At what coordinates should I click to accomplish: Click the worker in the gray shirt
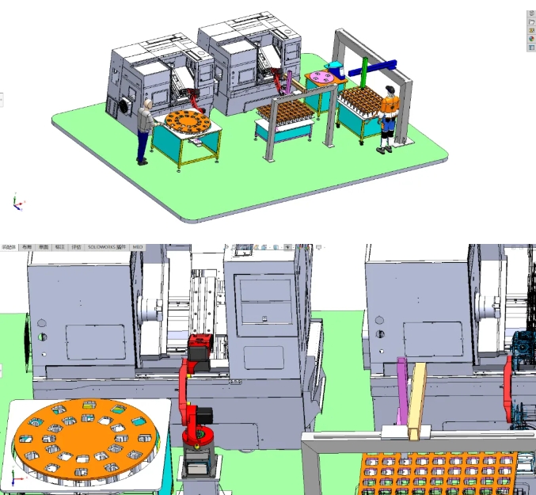click(144, 130)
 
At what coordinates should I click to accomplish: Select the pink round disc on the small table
click(323, 76)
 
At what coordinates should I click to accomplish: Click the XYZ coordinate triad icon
click(17, 203)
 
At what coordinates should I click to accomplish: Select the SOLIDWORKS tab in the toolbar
click(106, 247)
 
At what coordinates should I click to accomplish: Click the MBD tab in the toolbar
click(138, 247)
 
